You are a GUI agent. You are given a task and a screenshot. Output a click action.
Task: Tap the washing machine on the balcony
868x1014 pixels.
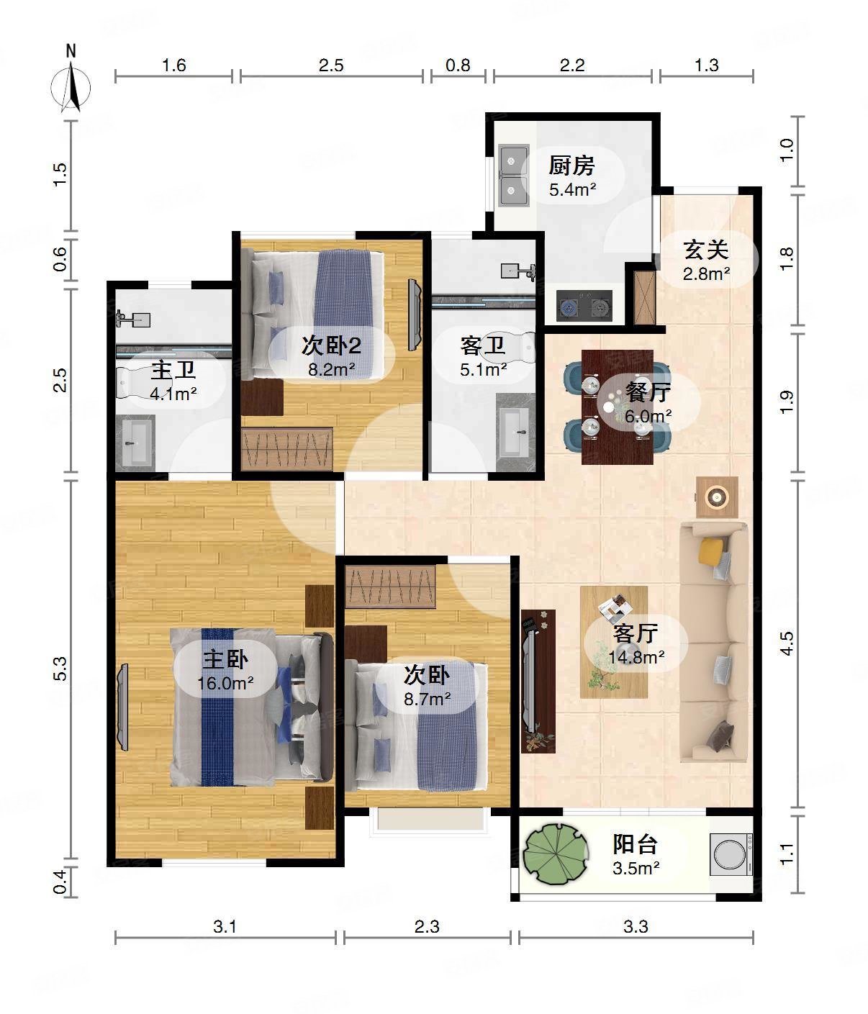pos(731,854)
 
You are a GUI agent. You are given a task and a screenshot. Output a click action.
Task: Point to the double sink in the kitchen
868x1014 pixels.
pos(514,175)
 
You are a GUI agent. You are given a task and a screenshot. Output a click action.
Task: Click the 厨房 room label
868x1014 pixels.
pos(571,166)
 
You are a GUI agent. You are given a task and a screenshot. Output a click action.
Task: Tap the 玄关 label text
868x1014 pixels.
pos(706,250)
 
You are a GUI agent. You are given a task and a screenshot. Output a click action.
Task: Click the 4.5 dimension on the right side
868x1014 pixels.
pos(786,643)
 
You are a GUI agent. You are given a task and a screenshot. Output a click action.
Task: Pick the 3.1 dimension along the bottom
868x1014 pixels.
pos(225,927)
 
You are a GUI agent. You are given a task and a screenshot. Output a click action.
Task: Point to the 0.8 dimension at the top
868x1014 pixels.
pos(458,65)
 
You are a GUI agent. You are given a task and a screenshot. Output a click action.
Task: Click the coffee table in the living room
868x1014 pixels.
pos(614,642)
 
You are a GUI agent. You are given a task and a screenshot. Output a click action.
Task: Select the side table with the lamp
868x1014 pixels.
pos(717,497)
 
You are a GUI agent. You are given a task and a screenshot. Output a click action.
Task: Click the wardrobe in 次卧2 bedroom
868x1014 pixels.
pos(287,449)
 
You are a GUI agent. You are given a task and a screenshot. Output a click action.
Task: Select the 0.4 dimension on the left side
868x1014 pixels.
pos(59,881)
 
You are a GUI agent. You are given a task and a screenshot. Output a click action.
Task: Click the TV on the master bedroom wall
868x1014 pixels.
pos(122,707)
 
